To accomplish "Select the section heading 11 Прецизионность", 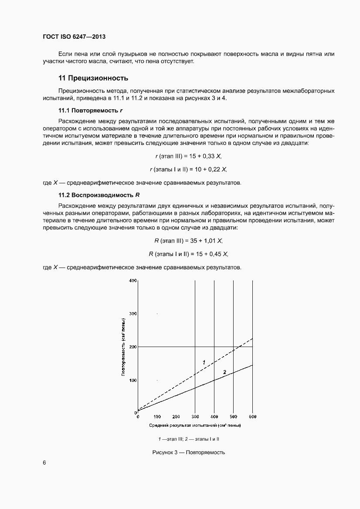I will point(93,78).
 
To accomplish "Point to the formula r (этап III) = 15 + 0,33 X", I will point(191,156).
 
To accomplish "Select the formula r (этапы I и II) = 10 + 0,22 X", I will point(188,169).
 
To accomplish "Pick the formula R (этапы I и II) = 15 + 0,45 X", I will point(188,253).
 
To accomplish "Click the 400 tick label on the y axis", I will point(132,280).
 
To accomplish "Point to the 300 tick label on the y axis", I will point(132,313).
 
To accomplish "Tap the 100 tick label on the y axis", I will point(132,380).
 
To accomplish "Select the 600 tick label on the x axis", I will point(252,417).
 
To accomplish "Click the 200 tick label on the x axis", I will point(176,417).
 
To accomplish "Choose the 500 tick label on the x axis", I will point(234,417).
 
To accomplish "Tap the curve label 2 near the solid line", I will point(224,372).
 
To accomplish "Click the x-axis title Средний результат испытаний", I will point(195,425).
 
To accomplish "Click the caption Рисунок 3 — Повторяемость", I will point(188,452).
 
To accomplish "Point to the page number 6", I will point(44,462).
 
